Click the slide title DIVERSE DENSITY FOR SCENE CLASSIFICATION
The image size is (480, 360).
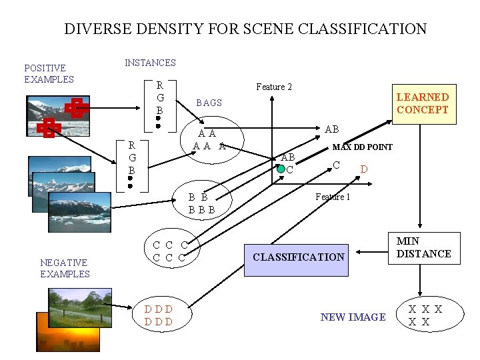245,29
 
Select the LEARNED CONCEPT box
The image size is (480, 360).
423,103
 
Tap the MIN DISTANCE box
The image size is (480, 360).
424,247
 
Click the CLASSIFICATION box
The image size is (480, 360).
299,257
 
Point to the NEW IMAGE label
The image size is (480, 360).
353,317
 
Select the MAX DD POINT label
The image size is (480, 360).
362,147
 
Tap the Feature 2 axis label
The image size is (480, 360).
274,87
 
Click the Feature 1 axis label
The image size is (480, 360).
332,197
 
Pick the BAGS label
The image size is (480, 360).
209,103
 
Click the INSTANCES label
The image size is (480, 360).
150,63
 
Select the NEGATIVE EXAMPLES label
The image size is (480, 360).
65,268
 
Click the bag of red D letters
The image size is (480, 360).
159,315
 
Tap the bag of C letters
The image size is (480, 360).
169,251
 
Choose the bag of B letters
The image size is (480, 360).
201,203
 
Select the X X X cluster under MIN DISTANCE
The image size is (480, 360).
425,315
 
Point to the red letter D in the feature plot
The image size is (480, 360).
363,169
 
